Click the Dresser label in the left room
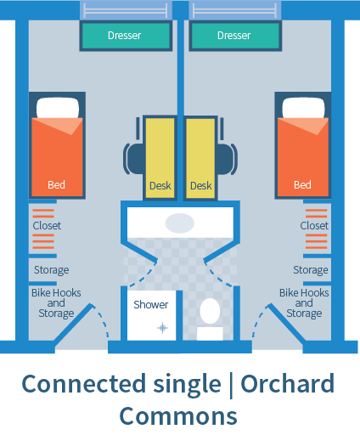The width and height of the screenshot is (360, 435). click(124, 36)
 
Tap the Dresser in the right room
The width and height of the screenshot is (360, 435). click(235, 36)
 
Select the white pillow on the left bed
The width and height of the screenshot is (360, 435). click(58, 108)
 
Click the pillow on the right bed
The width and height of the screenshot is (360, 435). click(303, 108)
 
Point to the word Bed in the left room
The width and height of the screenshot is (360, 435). click(56, 184)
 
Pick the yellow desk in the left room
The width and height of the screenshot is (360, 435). click(160, 158)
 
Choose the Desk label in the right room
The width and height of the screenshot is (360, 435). click(201, 186)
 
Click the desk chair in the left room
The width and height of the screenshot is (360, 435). click(133, 155)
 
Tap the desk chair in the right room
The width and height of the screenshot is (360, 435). click(227, 155)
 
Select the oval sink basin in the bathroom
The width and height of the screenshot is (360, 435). click(180, 223)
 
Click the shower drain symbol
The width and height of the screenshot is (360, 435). click(162, 328)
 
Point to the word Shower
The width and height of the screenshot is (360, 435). click(151, 305)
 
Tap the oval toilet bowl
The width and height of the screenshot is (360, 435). click(210, 311)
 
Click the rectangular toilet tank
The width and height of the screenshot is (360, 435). click(210, 334)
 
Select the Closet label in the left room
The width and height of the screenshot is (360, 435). click(47, 226)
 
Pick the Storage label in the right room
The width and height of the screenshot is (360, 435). click(311, 270)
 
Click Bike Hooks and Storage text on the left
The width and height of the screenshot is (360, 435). click(56, 303)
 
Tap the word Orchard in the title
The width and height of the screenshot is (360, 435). click(288, 384)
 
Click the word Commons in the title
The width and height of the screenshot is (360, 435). click(178, 416)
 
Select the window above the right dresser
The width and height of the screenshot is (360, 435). click(235, 10)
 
